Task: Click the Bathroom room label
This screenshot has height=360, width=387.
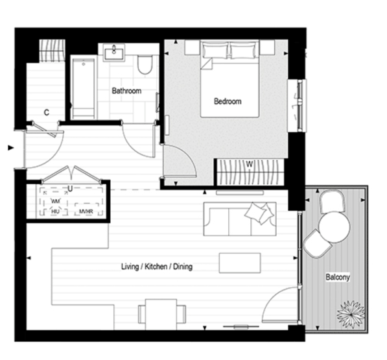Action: (x=126, y=91)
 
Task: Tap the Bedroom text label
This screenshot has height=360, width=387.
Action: (x=228, y=101)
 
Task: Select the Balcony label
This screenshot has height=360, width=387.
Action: (x=337, y=278)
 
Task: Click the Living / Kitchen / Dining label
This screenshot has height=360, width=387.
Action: (x=157, y=267)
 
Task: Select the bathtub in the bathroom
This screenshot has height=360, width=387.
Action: (x=83, y=88)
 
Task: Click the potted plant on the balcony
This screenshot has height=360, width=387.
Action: (x=349, y=313)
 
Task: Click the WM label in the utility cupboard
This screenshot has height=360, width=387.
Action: (x=55, y=202)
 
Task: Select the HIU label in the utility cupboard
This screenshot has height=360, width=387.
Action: (x=55, y=212)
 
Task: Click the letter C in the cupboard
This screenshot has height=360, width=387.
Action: (x=46, y=112)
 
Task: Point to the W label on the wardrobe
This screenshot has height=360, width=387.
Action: (x=250, y=164)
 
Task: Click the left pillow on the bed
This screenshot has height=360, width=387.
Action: (x=215, y=51)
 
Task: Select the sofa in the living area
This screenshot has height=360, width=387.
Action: (x=240, y=219)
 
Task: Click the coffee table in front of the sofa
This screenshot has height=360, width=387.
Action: (x=240, y=262)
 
